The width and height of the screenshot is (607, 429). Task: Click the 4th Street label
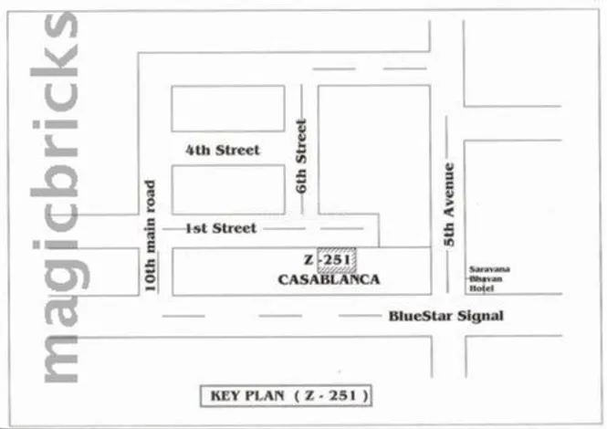click(222, 150)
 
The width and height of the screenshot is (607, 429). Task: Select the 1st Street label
click(221, 228)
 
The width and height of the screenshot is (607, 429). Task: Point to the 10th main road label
click(151, 235)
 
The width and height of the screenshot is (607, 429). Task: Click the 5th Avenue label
click(448, 203)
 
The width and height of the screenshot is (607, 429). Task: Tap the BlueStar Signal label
click(445, 317)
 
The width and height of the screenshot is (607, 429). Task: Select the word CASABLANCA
click(328, 280)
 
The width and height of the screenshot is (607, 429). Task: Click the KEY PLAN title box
click(286, 395)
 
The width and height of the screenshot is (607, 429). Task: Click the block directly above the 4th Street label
click(228, 109)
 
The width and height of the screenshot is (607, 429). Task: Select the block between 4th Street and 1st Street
click(228, 189)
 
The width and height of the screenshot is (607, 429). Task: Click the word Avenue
click(448, 193)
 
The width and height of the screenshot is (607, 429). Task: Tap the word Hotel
click(481, 288)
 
